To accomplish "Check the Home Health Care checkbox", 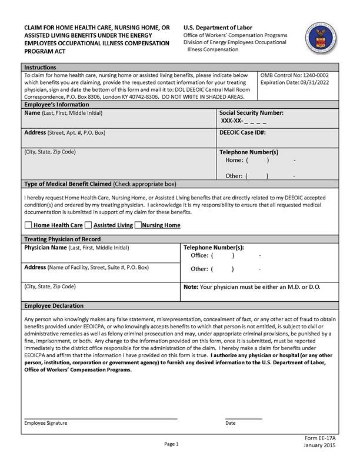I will coord(28,225).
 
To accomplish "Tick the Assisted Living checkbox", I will coord(88,225).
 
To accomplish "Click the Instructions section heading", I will coord(40,67).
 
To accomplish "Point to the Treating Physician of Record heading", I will coord(62,239).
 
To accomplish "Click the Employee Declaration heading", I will coord(54,306).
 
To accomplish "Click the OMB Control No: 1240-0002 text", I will coord(294,75).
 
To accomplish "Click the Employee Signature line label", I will coord(45,423).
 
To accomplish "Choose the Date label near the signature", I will coord(230,423).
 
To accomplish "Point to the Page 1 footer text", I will coord(171,444).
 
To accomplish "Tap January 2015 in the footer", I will coord(320,448).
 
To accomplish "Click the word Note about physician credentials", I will coord(191,286).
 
